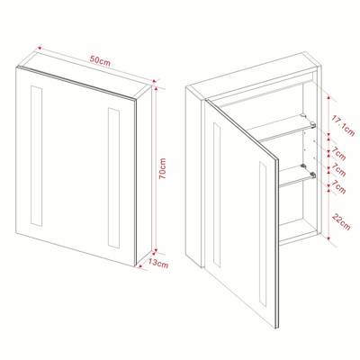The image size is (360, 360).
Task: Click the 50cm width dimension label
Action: tap(101, 61)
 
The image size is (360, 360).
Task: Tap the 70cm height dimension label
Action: tap(162, 168)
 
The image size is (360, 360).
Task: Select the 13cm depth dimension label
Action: tap(158, 264)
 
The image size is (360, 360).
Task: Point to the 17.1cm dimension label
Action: tap(343, 125)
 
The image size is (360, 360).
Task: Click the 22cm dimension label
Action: tap(341, 222)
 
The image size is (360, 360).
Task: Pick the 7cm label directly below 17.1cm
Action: tap(338, 153)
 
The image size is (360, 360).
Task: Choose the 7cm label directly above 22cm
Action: tap(338, 187)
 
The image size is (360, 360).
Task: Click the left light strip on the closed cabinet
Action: tap(36, 156)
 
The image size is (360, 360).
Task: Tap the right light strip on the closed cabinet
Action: tap(113, 178)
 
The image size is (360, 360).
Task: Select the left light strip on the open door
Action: tap(217, 194)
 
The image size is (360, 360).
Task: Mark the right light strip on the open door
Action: tap(263, 234)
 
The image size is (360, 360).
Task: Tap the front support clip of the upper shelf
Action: tap(312, 124)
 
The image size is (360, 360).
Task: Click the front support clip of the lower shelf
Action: tap(312, 174)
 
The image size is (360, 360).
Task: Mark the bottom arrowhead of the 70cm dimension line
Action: tap(156, 250)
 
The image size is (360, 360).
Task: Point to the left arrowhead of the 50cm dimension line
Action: tap(39, 48)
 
